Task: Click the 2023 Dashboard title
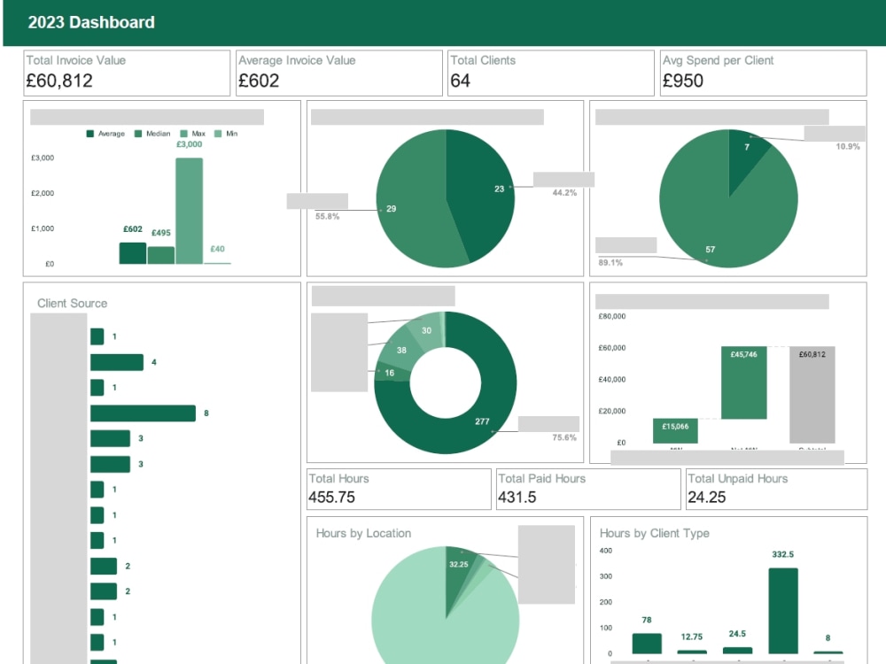(x=91, y=22)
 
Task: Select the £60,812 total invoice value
(x=59, y=81)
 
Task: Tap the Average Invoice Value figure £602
(x=259, y=81)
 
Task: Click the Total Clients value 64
(x=461, y=81)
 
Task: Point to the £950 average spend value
(x=683, y=81)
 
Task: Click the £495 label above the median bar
(x=161, y=233)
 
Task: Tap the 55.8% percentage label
(x=328, y=216)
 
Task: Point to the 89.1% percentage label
(x=611, y=262)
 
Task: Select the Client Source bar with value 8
(x=143, y=413)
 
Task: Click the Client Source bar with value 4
(x=117, y=362)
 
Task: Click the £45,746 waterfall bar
(x=743, y=382)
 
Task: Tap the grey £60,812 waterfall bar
(x=812, y=394)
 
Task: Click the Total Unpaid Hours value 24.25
(x=707, y=498)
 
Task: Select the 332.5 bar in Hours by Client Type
(x=783, y=611)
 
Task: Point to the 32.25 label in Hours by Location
(x=458, y=564)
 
